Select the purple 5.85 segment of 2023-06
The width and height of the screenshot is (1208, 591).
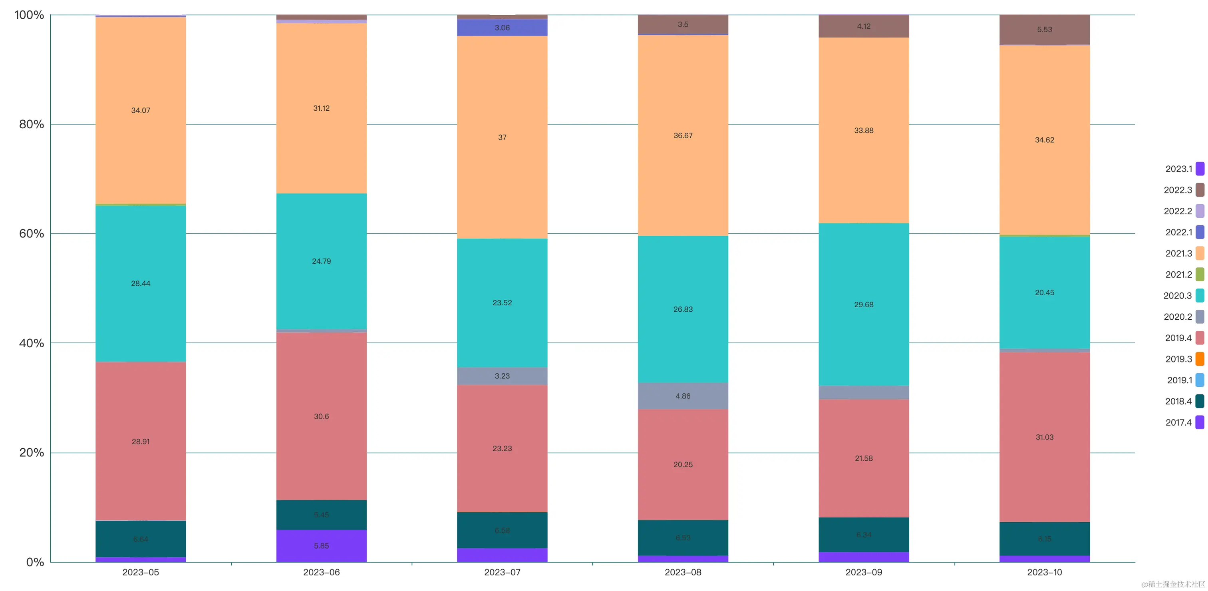321,546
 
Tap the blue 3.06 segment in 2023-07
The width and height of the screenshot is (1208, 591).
502,28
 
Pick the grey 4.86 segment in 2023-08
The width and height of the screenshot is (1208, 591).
683,396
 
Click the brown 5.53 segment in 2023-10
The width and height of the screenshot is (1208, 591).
1044,30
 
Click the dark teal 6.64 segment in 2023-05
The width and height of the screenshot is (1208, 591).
141,539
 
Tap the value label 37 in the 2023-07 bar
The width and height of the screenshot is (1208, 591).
502,137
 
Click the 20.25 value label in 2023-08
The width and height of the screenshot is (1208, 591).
683,464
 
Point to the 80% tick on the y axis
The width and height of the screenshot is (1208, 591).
32,124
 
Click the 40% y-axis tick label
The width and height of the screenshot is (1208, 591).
32,343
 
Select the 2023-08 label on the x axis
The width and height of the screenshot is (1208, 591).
683,572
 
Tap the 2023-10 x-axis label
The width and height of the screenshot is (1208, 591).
1044,572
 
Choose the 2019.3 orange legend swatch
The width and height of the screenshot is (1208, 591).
1200,359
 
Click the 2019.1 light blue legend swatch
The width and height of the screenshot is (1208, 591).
1200,380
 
